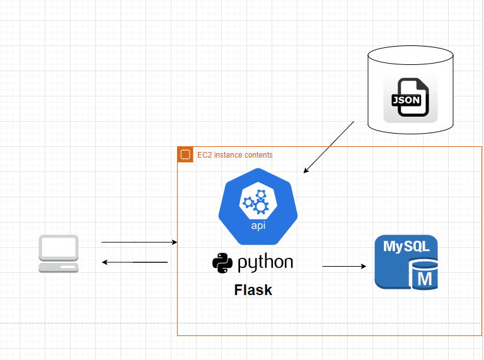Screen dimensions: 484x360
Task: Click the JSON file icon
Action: (x=410, y=98)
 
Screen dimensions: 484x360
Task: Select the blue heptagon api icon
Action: (x=258, y=207)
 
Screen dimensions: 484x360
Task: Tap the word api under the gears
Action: (x=258, y=226)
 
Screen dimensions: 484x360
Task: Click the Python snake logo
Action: (x=222, y=263)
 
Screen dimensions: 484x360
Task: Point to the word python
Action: (x=265, y=264)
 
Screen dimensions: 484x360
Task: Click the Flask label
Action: (x=253, y=290)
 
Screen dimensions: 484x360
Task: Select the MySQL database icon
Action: (x=406, y=262)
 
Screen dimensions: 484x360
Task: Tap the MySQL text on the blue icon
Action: (x=406, y=247)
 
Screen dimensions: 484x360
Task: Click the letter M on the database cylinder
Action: (x=425, y=279)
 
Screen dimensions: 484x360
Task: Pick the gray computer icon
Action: (x=59, y=254)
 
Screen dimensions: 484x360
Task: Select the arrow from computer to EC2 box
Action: (x=139, y=242)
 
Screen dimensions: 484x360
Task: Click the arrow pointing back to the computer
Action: (x=135, y=262)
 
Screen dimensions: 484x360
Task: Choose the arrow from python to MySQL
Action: (x=344, y=266)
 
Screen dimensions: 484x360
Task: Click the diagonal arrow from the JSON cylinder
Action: (x=329, y=148)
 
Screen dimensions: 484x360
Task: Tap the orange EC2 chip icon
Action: (x=185, y=154)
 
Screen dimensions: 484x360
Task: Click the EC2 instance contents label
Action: (x=235, y=154)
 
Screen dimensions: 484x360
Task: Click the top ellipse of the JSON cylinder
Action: (x=410, y=55)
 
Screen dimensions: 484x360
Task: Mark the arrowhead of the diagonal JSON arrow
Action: (x=306, y=171)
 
